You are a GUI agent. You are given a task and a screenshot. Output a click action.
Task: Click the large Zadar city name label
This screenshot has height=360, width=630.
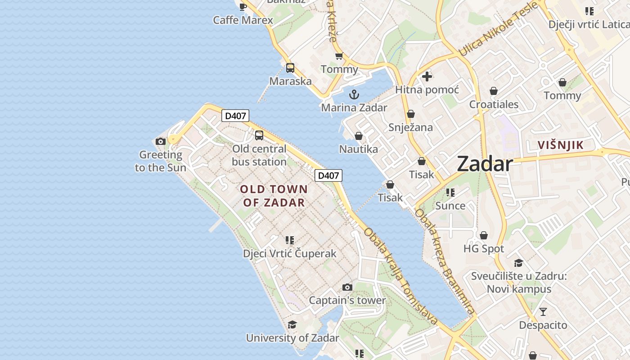point(485,164)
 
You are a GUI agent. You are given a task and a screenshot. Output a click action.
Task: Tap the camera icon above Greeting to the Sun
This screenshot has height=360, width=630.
point(161,141)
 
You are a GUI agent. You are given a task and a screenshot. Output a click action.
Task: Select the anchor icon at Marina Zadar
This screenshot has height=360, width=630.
point(354,94)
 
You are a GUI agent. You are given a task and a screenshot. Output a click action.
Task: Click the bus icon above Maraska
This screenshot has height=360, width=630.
point(290,68)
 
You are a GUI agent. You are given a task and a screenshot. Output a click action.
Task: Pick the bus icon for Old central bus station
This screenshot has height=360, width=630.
point(259,135)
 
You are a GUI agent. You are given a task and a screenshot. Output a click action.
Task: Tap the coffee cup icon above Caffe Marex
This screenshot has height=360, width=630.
point(243,6)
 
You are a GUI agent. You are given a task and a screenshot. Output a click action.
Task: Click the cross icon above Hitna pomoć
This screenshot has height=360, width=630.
point(427,76)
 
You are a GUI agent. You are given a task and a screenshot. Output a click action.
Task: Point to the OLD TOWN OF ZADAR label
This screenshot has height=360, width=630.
point(274,196)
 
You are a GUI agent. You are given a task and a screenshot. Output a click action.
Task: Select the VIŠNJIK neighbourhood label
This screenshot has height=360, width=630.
point(561,145)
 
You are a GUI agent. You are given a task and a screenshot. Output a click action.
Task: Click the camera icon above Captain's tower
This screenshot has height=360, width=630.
point(347,287)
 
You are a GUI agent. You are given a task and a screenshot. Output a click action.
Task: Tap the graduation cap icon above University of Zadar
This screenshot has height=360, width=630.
point(292,324)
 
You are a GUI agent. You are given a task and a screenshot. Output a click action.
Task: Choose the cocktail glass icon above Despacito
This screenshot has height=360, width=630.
point(543,311)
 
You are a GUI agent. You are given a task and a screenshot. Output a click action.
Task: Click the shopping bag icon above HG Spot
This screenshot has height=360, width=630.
point(484,235)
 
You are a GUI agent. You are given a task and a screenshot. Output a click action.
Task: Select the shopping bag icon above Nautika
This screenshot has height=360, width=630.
point(359,135)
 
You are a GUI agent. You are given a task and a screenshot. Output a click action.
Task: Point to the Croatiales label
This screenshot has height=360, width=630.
point(494,104)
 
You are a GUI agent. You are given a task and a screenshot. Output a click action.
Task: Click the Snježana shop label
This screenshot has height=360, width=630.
point(410,127)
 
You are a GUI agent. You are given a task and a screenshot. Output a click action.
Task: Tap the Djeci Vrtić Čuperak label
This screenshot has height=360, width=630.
point(289,253)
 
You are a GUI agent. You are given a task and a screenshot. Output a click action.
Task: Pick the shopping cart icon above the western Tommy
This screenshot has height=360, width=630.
point(339,56)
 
